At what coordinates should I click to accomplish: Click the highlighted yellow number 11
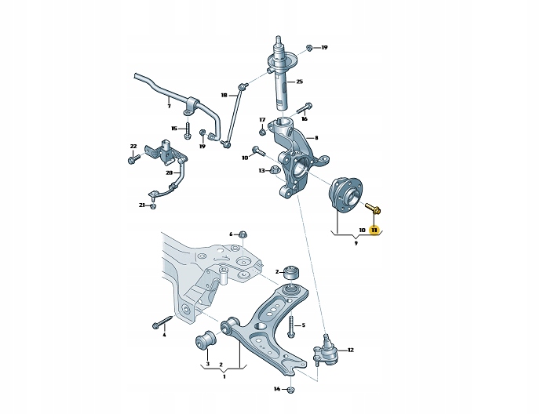pos(374,231)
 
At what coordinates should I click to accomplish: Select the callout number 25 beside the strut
pos(299,82)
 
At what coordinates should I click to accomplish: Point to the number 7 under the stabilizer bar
pos(169,107)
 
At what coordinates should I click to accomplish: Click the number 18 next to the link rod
pos(224,96)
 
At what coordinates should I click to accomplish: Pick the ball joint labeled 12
pos(325,349)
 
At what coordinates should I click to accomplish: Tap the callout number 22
pos(133,147)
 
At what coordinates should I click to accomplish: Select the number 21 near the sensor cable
pos(142,205)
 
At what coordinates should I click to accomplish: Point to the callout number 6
pos(231,234)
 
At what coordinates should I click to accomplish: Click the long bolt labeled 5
pos(291,325)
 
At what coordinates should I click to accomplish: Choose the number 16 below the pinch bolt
pos(304,119)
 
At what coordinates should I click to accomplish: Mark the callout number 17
pos(262,120)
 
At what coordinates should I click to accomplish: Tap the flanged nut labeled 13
pos(275,169)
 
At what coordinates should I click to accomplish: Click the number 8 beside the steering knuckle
pos(316,138)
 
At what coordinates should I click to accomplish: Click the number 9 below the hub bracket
pos(356,243)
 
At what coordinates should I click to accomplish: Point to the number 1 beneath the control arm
pos(224,377)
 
